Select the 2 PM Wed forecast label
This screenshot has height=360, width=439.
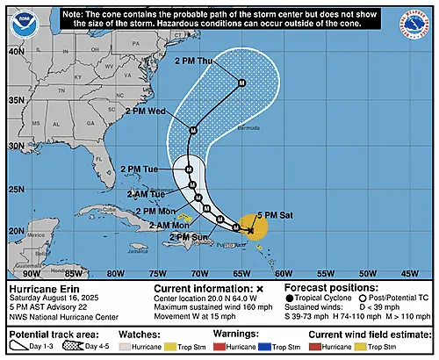pos(146,112)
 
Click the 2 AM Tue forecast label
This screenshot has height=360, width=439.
pos(145,192)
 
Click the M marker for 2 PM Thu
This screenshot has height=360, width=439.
pos(242,83)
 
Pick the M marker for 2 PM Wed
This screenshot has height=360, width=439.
pos(193,130)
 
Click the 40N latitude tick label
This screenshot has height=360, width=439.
pos(15,51)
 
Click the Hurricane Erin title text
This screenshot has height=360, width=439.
pos(42,288)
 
